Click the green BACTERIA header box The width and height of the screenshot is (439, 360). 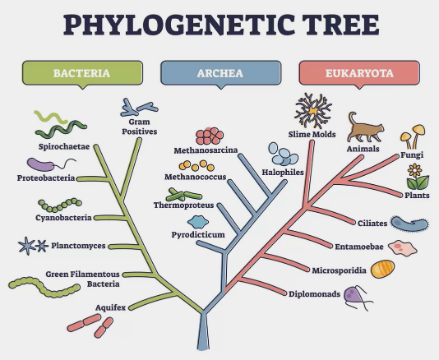(82, 73)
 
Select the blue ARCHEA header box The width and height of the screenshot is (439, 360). (220, 73)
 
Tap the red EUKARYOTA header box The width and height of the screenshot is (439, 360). (359, 73)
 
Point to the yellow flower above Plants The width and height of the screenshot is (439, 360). (417, 177)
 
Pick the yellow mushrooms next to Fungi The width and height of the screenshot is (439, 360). (413, 136)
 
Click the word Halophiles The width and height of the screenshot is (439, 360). (283, 172)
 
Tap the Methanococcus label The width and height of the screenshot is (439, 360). (196, 177)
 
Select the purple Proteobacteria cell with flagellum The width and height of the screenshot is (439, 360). (51, 164)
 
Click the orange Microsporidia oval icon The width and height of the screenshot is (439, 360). (383, 269)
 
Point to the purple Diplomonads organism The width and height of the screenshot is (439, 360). (358, 298)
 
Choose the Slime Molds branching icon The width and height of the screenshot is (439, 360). (313, 111)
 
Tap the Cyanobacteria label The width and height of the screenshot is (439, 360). (63, 218)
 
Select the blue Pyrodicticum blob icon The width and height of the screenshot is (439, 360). (198, 222)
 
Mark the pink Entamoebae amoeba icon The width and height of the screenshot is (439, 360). (403, 247)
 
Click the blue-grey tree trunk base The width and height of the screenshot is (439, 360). (203, 332)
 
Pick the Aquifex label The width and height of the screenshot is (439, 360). (111, 307)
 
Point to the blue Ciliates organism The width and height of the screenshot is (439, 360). (409, 224)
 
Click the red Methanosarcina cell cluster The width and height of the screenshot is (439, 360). (210, 136)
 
